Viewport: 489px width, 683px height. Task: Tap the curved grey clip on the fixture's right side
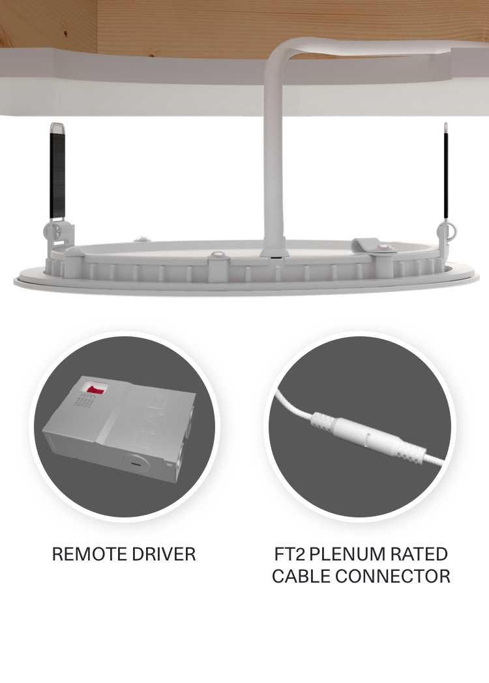pos(369,245)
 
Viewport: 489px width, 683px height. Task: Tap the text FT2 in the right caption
pos(290,555)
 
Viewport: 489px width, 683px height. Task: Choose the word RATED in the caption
pos(420,555)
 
